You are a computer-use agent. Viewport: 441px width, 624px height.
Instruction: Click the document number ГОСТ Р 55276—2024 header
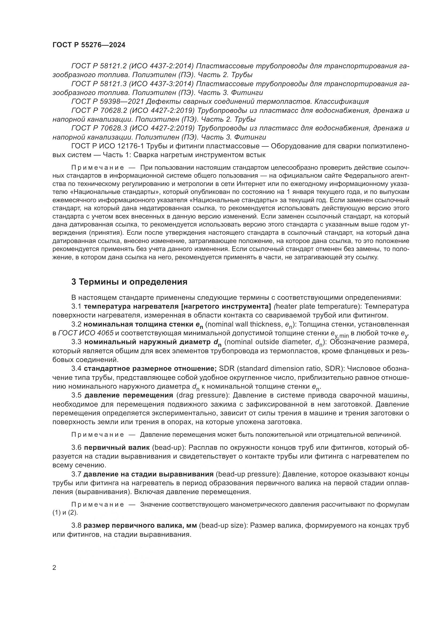(x=89, y=45)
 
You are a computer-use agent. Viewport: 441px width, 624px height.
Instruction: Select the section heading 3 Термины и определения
(x=129, y=282)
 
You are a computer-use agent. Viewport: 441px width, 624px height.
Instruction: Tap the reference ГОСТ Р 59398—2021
(x=107, y=102)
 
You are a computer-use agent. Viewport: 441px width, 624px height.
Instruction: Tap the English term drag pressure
(x=202, y=395)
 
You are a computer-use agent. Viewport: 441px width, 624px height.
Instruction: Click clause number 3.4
(x=76, y=368)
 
